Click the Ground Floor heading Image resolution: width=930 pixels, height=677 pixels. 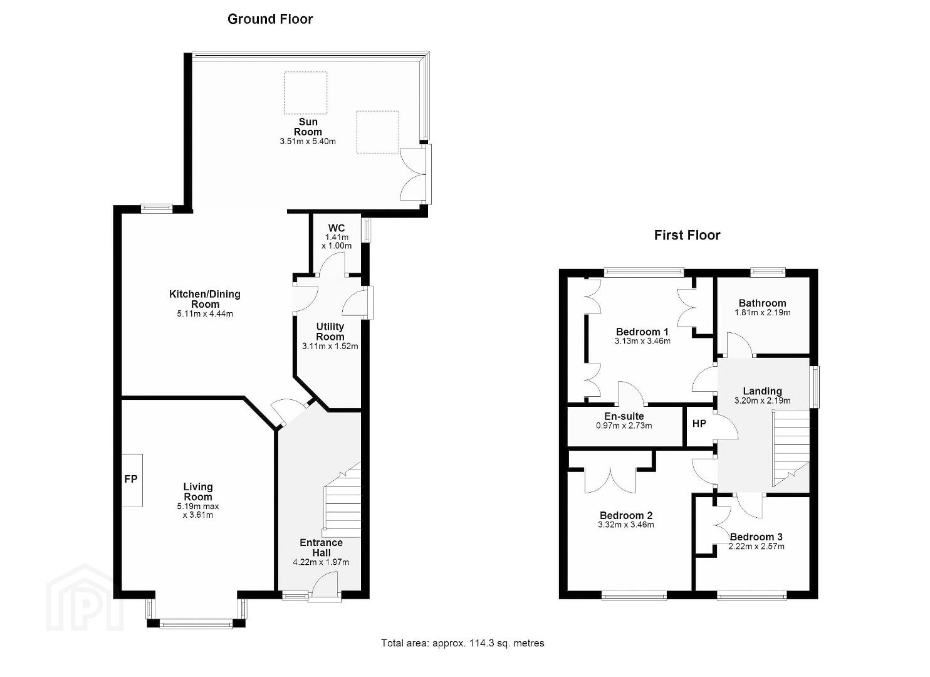[x=270, y=19]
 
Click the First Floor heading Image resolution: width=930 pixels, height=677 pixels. [x=687, y=235]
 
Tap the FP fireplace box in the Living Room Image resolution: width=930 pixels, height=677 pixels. [x=132, y=480]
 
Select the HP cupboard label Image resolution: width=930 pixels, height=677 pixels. [x=699, y=424]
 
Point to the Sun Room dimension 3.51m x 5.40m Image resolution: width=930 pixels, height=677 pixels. [x=308, y=141]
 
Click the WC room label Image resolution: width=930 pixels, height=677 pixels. [x=337, y=228]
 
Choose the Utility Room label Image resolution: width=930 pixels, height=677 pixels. [x=330, y=332]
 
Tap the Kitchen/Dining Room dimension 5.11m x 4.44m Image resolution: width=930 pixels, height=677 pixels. [x=205, y=314]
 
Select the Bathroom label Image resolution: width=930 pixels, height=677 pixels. [x=762, y=303]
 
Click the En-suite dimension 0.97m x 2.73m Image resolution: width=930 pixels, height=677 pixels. [x=624, y=426]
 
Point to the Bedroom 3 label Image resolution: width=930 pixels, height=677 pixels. [x=756, y=537]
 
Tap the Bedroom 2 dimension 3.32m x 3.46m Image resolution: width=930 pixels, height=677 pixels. [x=626, y=525]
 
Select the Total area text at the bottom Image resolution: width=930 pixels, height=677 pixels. [x=462, y=643]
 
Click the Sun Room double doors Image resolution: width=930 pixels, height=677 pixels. [x=415, y=174]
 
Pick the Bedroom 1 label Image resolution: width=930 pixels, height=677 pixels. [x=642, y=332]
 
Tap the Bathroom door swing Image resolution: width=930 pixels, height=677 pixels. [x=741, y=344]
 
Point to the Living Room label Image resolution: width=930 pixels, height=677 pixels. [x=198, y=491]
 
